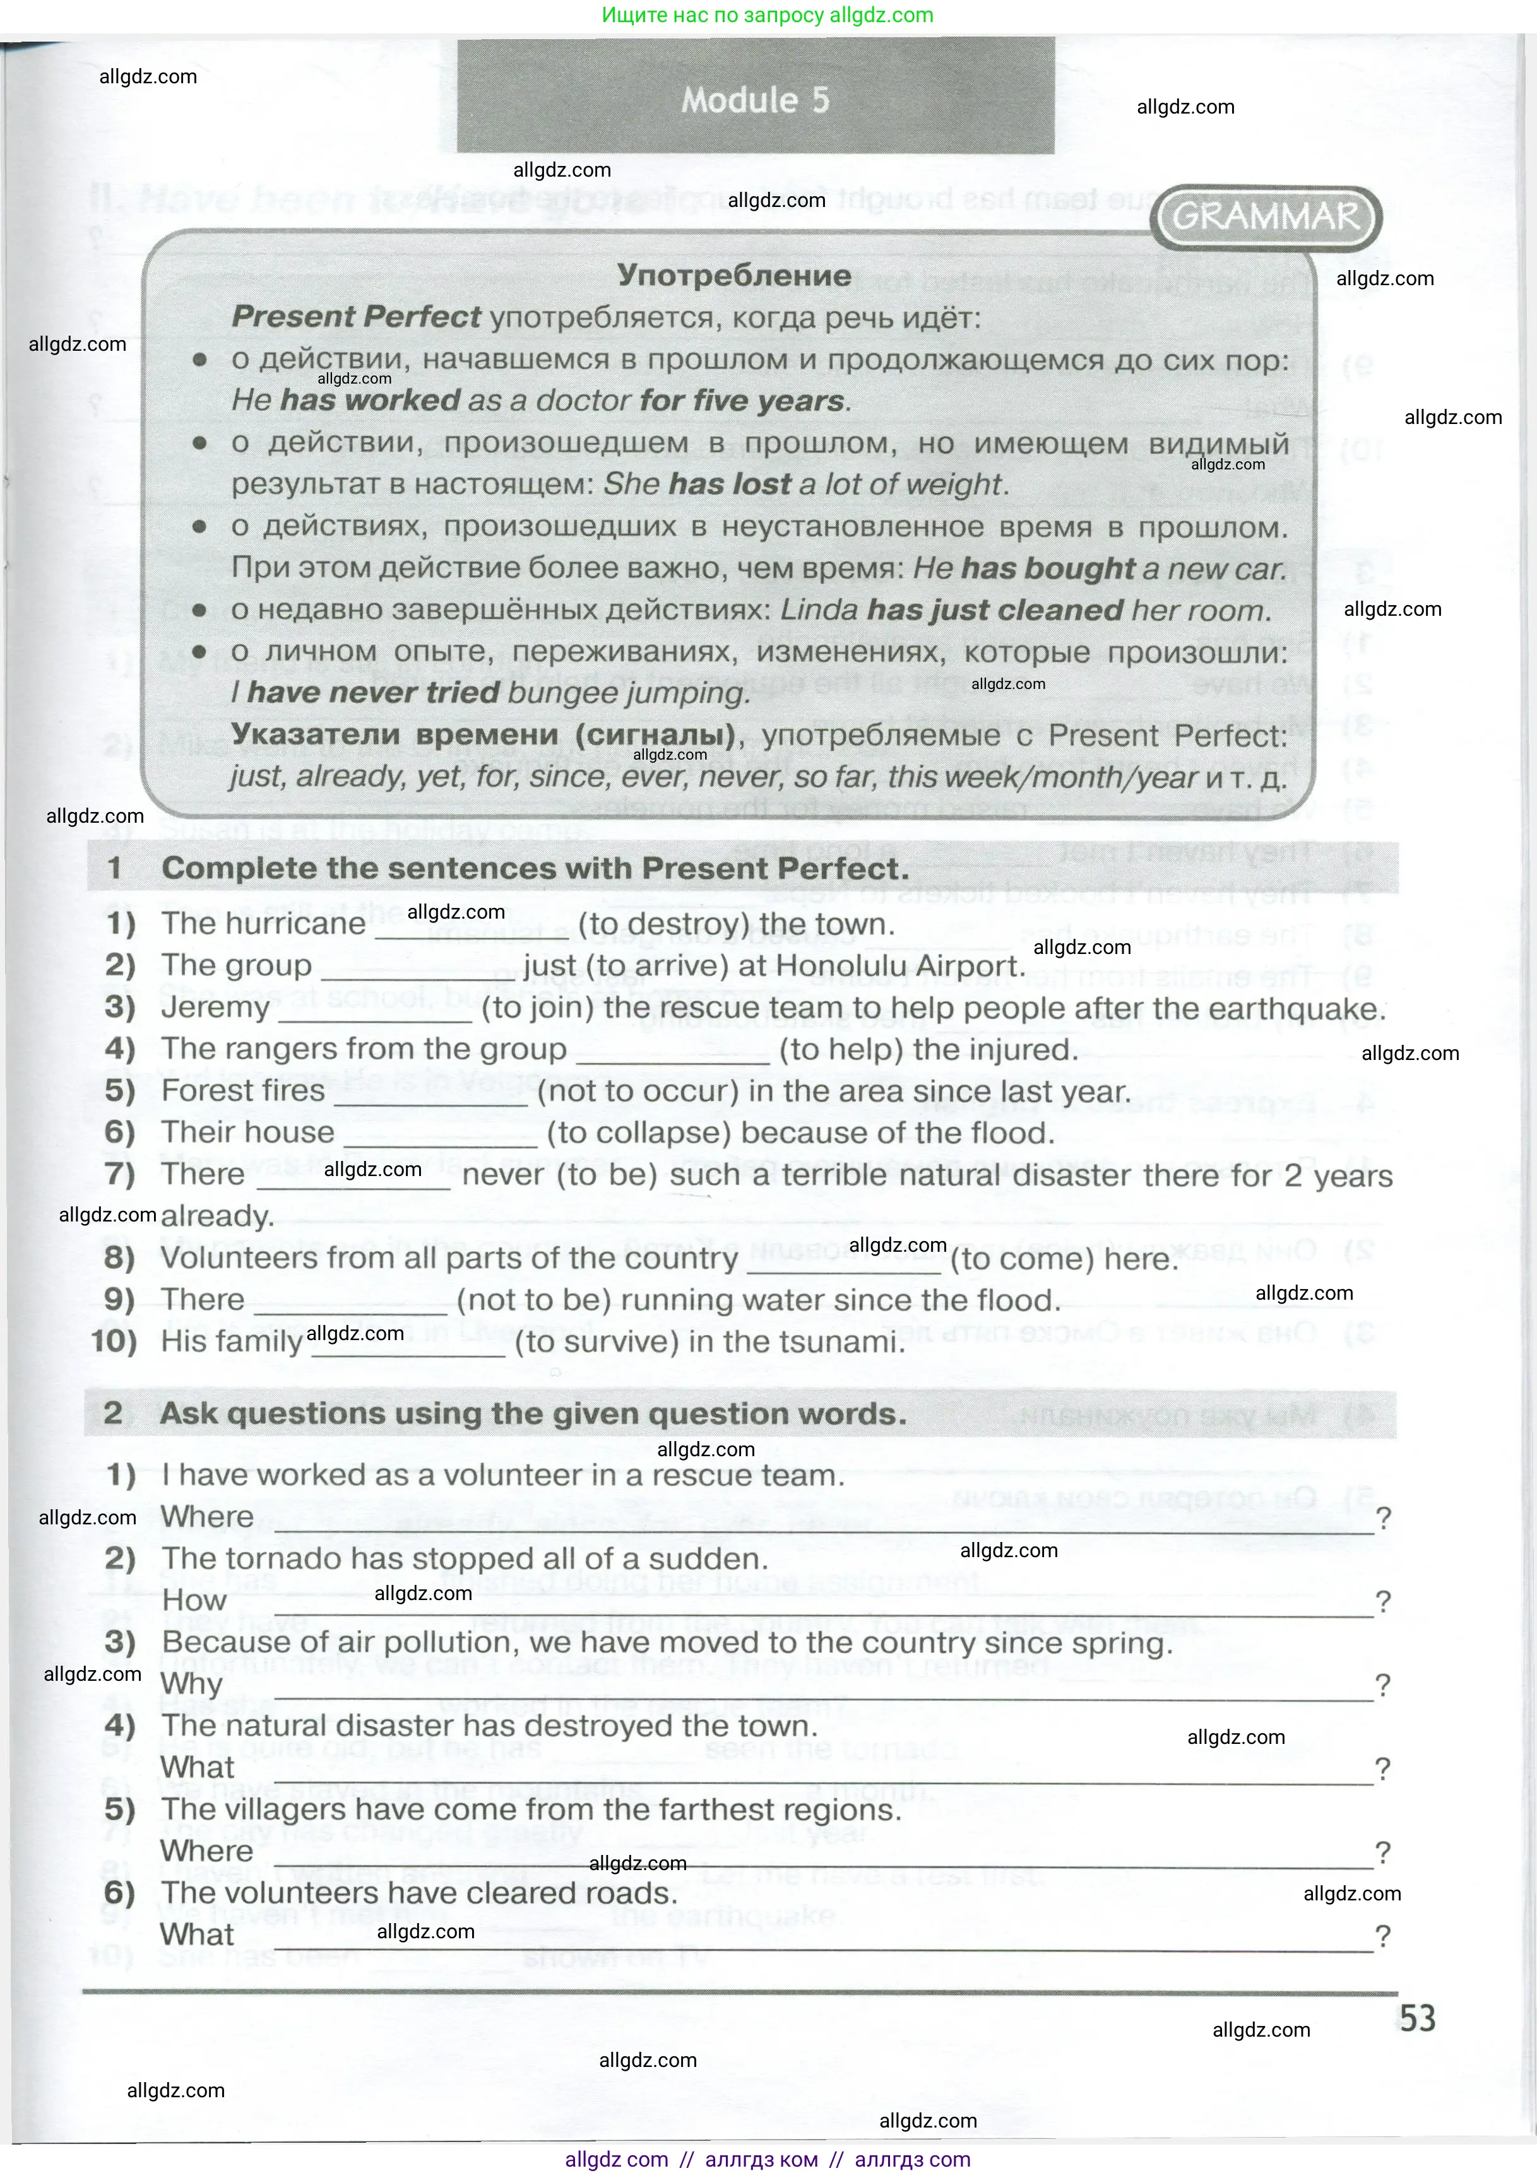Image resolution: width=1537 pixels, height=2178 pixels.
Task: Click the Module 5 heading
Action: click(755, 100)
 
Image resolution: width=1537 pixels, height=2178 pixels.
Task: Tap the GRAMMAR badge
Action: click(1266, 217)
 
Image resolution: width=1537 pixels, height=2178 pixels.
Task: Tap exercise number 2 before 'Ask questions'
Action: click(113, 1413)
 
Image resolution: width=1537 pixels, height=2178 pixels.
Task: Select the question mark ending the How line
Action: click(1384, 1601)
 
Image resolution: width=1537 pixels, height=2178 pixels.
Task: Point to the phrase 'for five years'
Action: click(742, 400)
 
